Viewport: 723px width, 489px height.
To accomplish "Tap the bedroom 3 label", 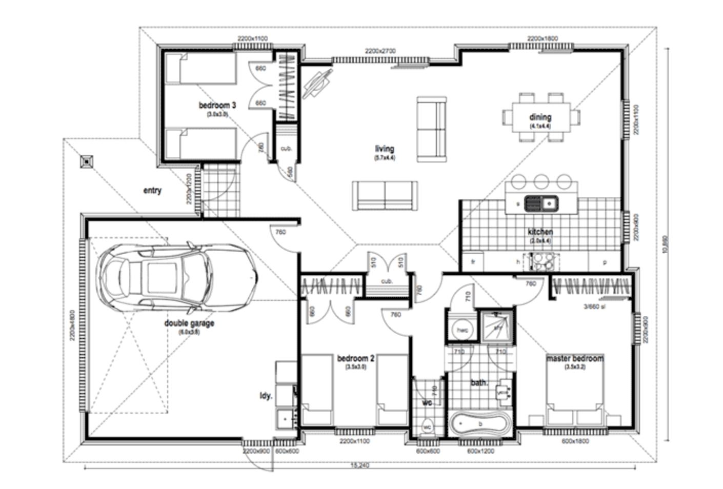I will (217, 106).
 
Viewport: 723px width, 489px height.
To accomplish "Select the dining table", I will (541, 117).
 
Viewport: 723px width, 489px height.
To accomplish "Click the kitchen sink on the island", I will (541, 204).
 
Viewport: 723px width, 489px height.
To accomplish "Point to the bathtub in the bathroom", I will (479, 424).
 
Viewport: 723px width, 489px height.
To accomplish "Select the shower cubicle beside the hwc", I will (496, 324).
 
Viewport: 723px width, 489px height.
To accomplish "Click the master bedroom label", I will (574, 358).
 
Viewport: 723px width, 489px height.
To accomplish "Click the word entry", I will (152, 191).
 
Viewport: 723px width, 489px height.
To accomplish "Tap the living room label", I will (384, 149).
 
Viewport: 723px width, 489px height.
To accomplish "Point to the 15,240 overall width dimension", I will (359, 465).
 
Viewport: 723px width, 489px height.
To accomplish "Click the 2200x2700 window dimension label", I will (380, 51).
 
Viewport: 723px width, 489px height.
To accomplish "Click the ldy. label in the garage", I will (266, 396).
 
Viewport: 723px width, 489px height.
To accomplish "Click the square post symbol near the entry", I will (87, 162).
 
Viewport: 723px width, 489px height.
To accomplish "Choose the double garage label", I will (189, 323).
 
